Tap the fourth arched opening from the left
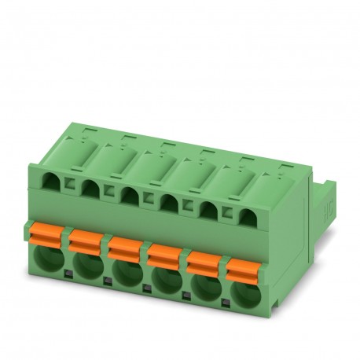(x=167, y=202)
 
